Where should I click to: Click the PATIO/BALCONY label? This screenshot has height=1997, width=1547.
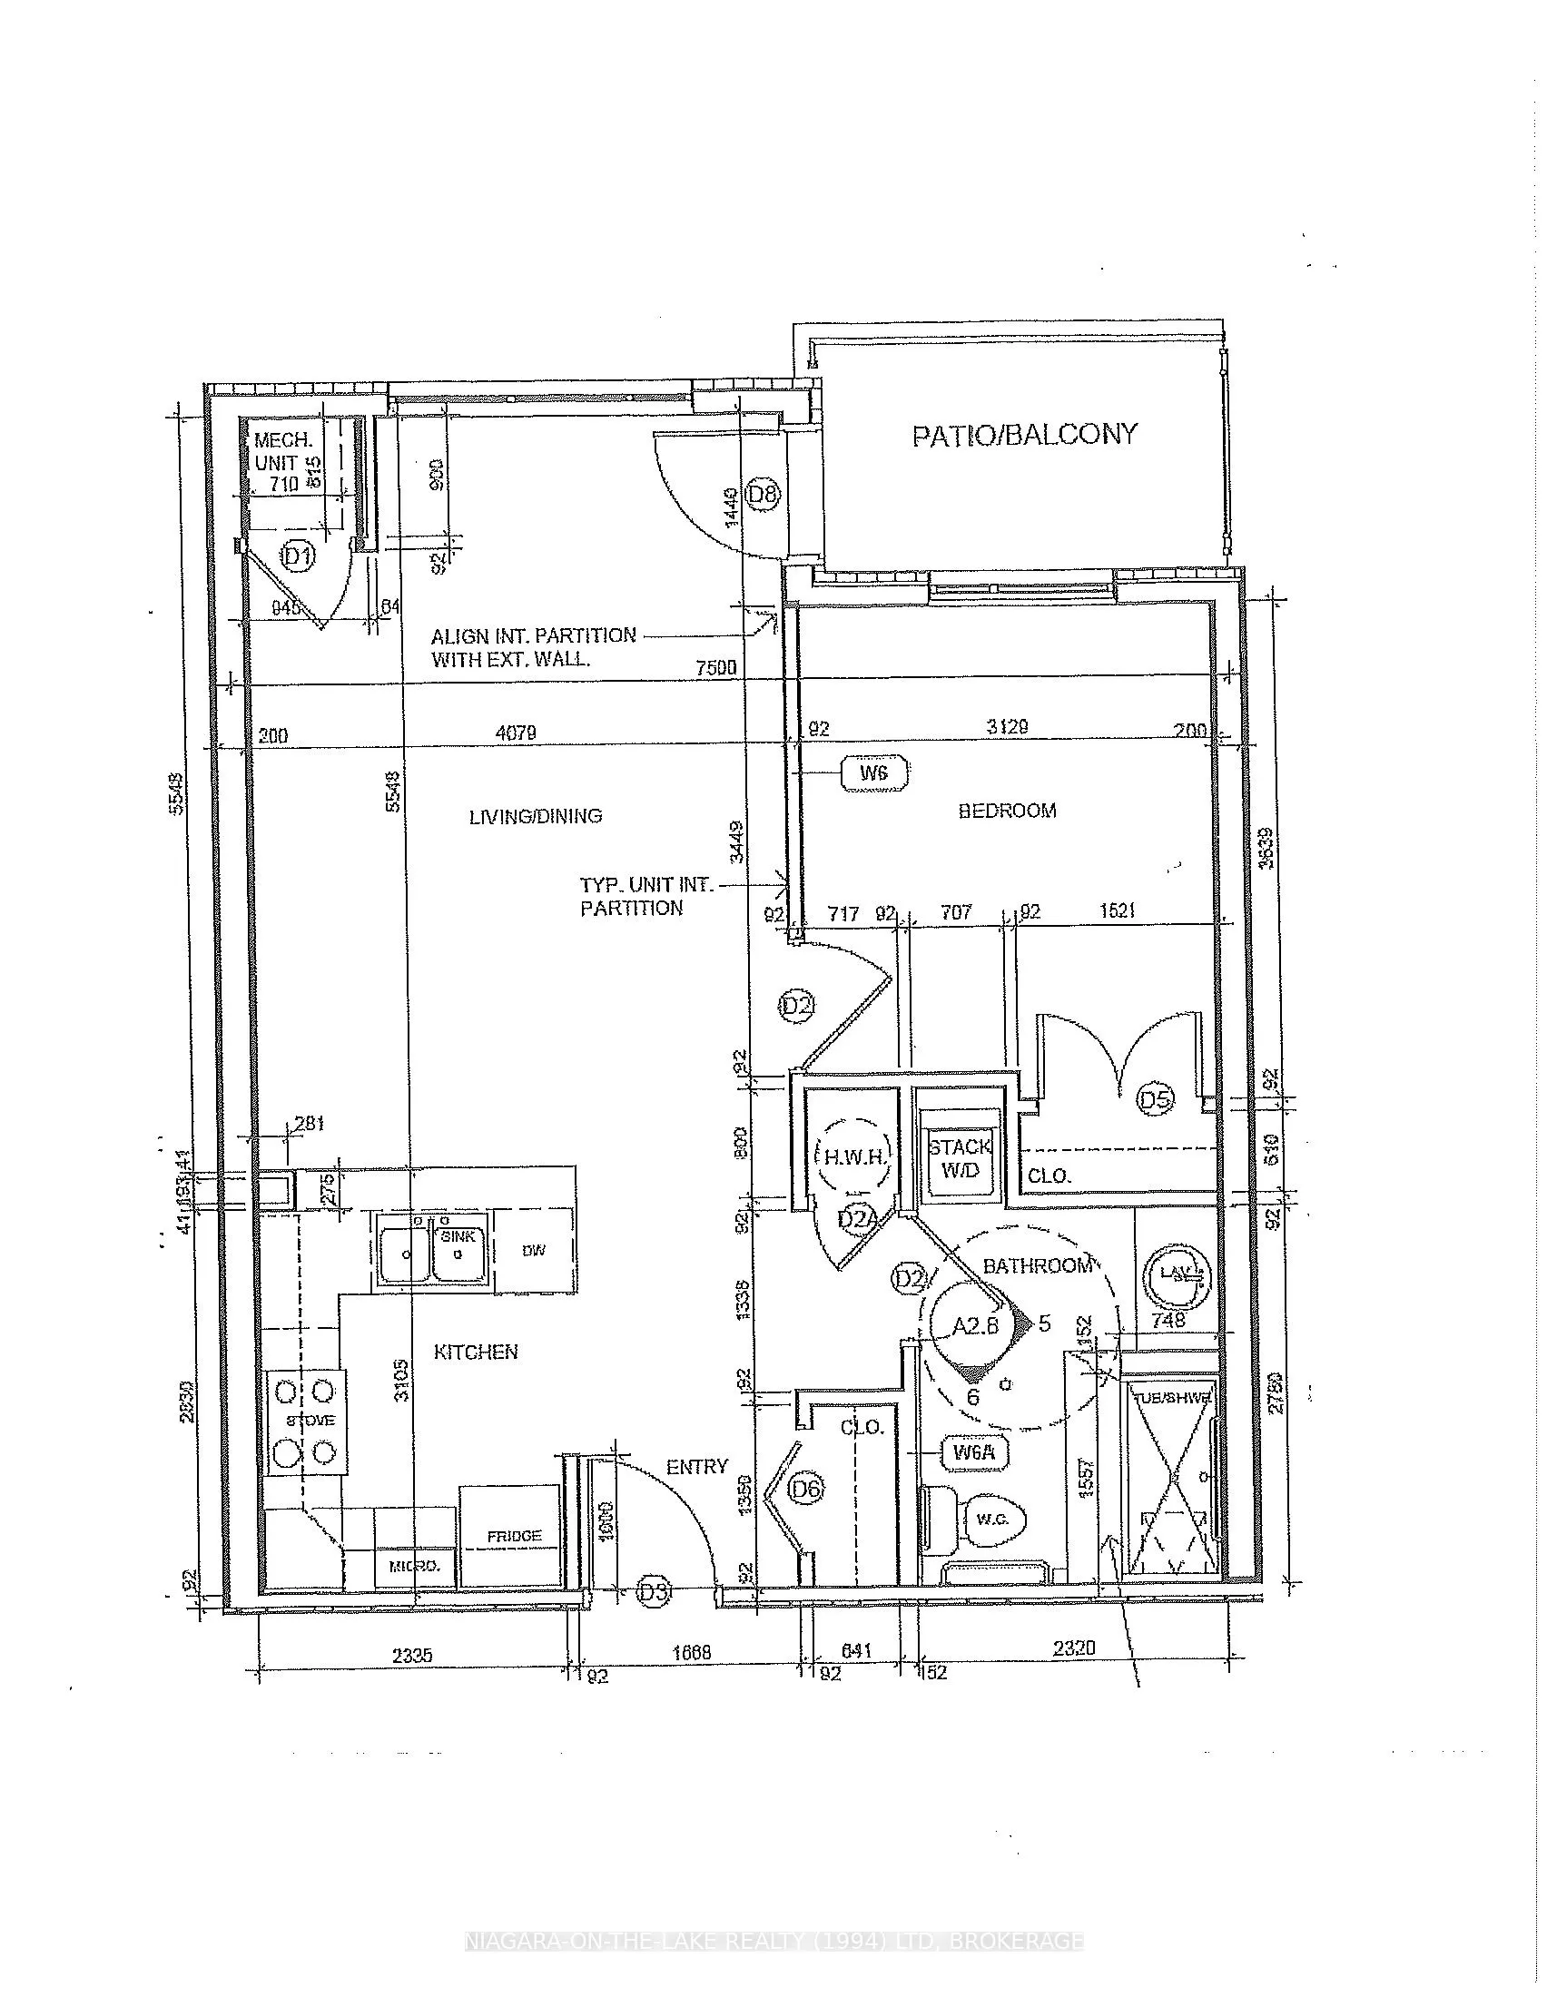[1024, 434]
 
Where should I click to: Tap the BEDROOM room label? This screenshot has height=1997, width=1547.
[1007, 810]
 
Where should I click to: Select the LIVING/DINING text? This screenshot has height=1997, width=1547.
[535, 816]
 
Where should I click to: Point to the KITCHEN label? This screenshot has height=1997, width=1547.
[476, 1352]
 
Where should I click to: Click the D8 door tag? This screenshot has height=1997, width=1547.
[763, 496]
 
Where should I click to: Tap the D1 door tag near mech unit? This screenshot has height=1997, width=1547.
[297, 555]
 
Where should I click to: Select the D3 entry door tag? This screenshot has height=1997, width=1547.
[653, 1592]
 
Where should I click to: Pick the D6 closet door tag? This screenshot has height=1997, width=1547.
[806, 1489]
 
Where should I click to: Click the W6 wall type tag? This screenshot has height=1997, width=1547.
[874, 772]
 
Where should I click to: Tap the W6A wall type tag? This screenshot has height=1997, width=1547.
[974, 1451]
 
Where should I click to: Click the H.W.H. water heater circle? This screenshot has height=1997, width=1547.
[852, 1156]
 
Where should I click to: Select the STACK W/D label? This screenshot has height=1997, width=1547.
[960, 1158]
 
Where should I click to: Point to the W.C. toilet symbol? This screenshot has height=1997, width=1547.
[990, 1520]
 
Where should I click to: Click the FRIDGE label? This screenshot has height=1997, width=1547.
[514, 1535]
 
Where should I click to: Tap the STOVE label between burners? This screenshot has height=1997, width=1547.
[310, 1420]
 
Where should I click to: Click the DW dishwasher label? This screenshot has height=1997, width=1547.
[534, 1250]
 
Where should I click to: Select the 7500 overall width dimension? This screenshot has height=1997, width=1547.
[716, 667]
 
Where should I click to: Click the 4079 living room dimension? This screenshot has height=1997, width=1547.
[516, 733]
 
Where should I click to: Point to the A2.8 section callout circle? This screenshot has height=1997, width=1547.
[976, 1325]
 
